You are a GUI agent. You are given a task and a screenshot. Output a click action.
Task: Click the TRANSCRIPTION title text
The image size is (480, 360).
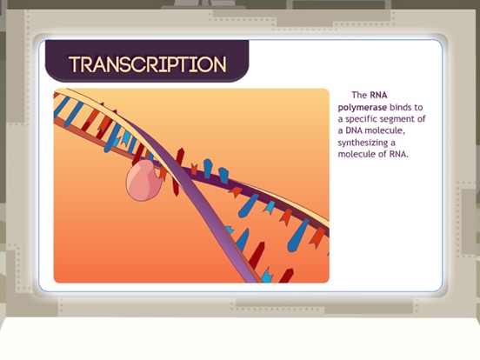pyautogui.click(x=148, y=64)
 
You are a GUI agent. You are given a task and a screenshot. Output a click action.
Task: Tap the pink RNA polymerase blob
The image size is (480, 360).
pyautogui.click(x=143, y=181)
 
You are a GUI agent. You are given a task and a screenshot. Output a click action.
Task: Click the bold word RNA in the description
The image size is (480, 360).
pyautogui.click(x=378, y=95)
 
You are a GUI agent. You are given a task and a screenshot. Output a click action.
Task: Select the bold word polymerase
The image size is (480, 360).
pyautogui.click(x=363, y=108)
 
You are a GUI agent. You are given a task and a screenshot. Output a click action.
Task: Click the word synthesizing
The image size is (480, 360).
pyautogui.click(x=358, y=143)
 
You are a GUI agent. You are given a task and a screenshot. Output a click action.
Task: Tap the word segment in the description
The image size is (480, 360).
pyautogui.click(x=396, y=119)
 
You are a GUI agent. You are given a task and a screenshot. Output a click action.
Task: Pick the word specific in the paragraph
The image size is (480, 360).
pyautogui.click(x=361, y=119)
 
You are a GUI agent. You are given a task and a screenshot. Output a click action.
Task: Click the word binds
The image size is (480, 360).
pyautogui.click(x=400, y=108)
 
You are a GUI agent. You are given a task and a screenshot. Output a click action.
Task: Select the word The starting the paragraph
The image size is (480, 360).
pyautogui.click(x=359, y=95)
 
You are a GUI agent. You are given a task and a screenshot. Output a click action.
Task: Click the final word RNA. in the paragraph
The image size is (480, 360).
pyautogui.click(x=399, y=154)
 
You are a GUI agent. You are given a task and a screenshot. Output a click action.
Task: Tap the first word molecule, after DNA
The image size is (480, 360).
pyautogui.click(x=385, y=130)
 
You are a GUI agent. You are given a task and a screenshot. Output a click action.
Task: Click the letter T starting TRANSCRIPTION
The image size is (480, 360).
pyautogui.click(x=75, y=64)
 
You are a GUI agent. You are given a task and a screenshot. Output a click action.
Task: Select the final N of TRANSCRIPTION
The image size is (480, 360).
pyautogui.click(x=220, y=64)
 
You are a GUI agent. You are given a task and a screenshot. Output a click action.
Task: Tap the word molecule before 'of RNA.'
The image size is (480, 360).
pyautogui.click(x=357, y=154)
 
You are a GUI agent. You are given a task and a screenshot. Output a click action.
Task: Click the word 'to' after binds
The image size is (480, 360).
pyautogui.click(x=418, y=108)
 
